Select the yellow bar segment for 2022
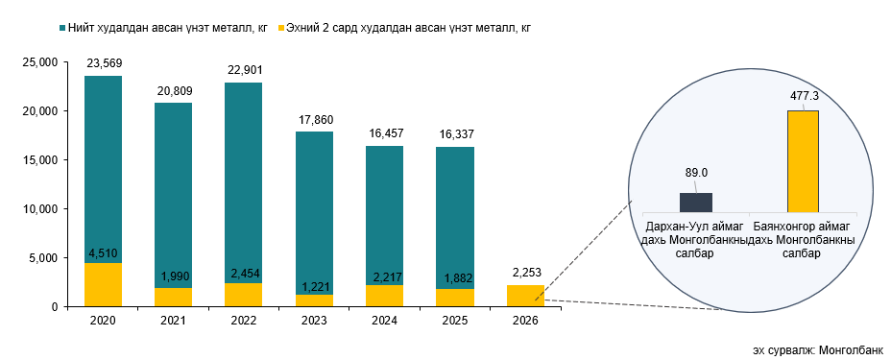pos(243,295)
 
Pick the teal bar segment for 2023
pos(313,211)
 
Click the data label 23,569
pos(103,64)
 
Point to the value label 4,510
pos(103,254)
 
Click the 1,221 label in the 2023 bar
pos(313,286)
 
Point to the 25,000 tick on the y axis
pos(39,62)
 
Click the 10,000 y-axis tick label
pos(39,209)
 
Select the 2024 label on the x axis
pos(384,320)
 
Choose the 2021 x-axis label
pos(173,320)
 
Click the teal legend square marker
pos(61,28)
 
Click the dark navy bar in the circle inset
pos(696,202)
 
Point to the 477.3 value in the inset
pos(803,97)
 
